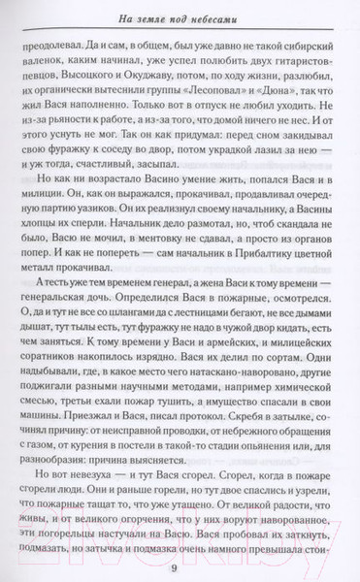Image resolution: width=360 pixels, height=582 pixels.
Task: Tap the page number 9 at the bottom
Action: (x=180, y=567)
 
